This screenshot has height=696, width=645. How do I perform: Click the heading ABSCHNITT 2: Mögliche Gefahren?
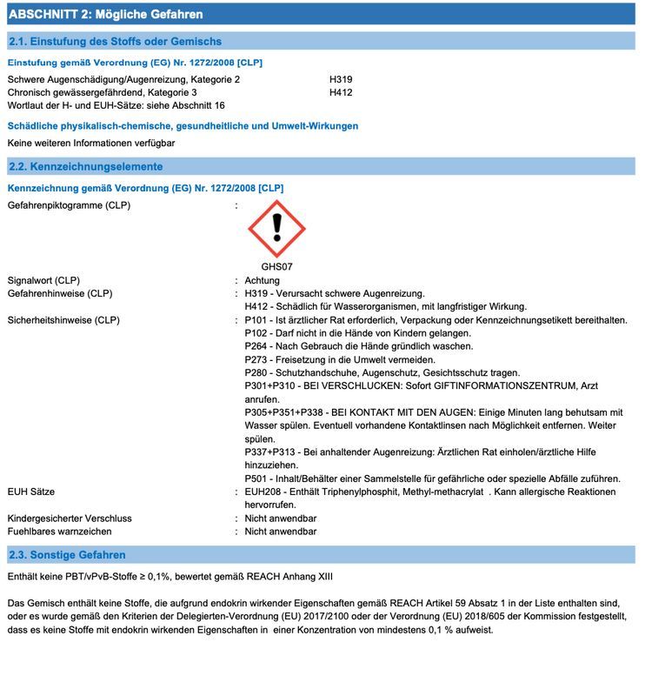(x=105, y=15)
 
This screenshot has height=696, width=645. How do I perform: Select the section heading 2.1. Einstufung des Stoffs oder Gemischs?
(x=115, y=41)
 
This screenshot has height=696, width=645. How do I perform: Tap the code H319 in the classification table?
(x=341, y=79)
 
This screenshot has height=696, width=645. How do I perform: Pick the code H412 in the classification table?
(x=341, y=91)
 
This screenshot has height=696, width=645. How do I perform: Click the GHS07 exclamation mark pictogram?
(x=276, y=228)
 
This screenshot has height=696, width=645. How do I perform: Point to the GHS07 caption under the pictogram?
(x=276, y=267)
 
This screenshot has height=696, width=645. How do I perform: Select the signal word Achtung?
(x=263, y=280)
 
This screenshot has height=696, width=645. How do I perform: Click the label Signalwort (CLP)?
(x=43, y=280)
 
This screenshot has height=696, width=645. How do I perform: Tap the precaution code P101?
(x=257, y=320)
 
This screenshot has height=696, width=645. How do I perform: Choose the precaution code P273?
(x=257, y=359)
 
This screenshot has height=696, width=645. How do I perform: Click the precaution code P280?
(x=257, y=372)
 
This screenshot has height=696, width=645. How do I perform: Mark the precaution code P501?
(x=257, y=478)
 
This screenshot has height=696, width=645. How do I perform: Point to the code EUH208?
(x=263, y=492)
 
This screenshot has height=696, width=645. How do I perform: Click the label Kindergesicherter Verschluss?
(x=70, y=518)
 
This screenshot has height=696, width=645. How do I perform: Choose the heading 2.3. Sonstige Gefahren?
(x=67, y=555)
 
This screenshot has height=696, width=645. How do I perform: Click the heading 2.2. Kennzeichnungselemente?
(x=85, y=166)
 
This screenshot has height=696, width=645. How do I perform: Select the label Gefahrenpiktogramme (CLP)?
(x=69, y=205)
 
